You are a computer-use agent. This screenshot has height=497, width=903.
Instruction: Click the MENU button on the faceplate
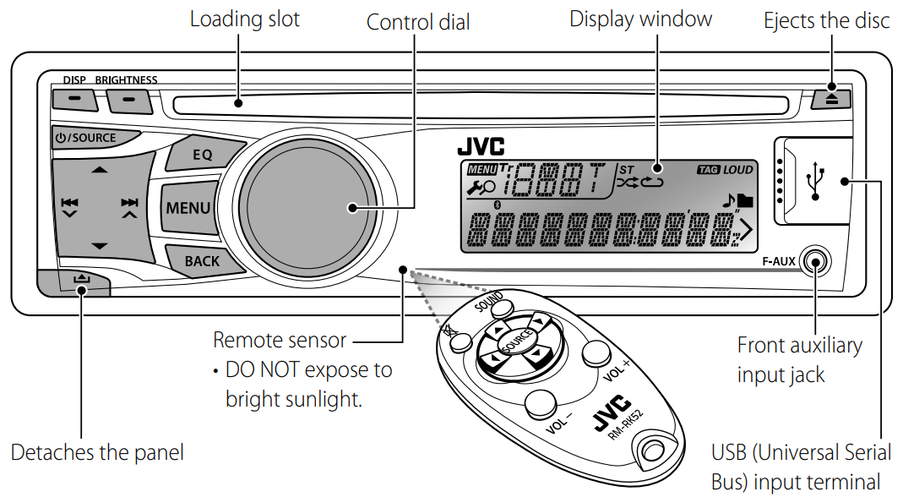(x=188, y=208)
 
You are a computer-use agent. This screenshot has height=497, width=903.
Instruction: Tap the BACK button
(x=201, y=261)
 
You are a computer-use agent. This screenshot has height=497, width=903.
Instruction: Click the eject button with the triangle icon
(x=832, y=99)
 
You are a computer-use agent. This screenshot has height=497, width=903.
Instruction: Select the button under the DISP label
(x=74, y=100)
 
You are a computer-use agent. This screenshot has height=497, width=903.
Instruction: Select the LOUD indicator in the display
(x=737, y=171)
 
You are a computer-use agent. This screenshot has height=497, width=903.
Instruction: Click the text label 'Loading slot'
(x=244, y=19)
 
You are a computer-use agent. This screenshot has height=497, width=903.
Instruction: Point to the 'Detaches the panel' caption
(x=97, y=452)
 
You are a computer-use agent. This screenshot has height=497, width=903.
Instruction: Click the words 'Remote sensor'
(x=280, y=341)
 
